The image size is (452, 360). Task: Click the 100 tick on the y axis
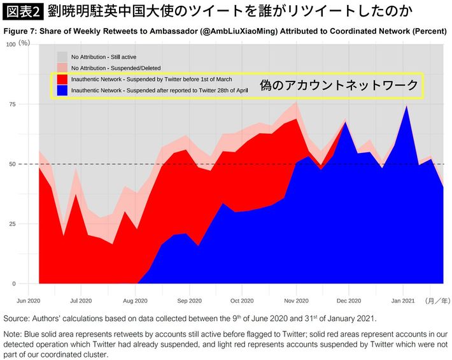(11, 44)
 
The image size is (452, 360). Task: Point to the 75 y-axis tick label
(12, 104)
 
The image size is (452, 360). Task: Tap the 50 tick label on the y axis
(12, 164)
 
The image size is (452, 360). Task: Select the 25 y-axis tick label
(12, 224)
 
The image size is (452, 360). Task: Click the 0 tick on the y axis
(14, 284)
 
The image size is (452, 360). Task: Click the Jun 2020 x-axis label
(29, 299)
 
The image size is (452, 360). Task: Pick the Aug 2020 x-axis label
(136, 299)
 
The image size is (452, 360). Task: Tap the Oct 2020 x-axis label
(242, 299)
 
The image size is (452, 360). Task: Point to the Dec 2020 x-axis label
(349, 299)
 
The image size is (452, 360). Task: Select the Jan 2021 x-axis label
(403, 299)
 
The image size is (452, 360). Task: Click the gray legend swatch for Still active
(62, 57)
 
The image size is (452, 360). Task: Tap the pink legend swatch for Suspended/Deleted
(62, 68)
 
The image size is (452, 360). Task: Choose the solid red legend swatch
(62, 80)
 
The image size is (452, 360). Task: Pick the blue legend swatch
(62, 91)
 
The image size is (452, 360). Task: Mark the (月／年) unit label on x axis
(437, 299)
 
